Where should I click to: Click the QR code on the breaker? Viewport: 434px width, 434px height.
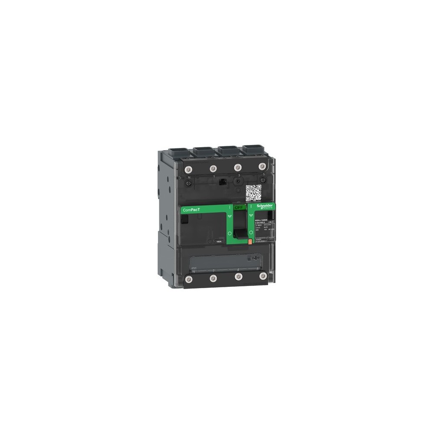click(253, 193)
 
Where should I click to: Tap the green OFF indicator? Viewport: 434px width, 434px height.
click(240, 207)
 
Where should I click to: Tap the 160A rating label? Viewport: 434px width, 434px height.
click(219, 241)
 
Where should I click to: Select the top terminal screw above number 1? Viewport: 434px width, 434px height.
click(213, 168)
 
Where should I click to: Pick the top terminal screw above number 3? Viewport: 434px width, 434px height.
click(237, 167)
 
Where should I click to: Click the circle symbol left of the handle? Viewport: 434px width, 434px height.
click(229, 233)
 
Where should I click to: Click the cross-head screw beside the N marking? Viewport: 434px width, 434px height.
click(189, 184)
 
